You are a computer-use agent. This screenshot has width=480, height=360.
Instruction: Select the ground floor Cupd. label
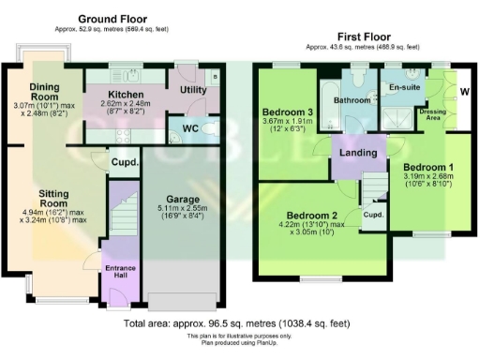(126, 161)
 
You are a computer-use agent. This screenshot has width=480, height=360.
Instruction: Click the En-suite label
(404, 86)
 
